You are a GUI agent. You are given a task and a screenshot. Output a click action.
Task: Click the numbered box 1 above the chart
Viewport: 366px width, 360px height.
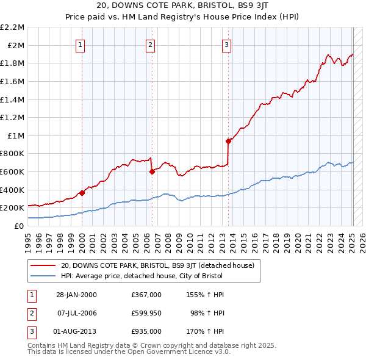click(81, 44)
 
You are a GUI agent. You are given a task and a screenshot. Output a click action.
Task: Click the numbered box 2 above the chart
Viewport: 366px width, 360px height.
click(150, 44)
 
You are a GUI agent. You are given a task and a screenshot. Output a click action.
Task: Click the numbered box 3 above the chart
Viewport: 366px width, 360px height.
click(226, 44)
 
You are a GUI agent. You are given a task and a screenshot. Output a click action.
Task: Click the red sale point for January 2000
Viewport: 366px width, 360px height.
click(82, 193)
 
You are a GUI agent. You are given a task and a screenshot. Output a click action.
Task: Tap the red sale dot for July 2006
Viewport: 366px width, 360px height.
click(152, 171)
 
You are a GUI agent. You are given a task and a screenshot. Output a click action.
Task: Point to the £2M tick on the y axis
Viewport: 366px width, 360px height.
click(16, 45)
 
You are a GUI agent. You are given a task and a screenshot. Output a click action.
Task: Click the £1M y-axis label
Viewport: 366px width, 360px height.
click(16, 135)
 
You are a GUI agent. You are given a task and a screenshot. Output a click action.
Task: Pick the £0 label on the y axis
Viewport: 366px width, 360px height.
click(20, 226)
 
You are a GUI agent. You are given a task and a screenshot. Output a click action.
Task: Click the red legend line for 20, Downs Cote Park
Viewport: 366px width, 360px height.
click(43, 265)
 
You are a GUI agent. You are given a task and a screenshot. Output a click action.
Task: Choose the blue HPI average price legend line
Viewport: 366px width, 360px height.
click(43, 276)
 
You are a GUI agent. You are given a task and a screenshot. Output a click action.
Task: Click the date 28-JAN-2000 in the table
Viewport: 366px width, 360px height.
click(76, 295)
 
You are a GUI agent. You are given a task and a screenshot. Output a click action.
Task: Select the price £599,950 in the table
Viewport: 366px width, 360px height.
click(146, 313)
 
